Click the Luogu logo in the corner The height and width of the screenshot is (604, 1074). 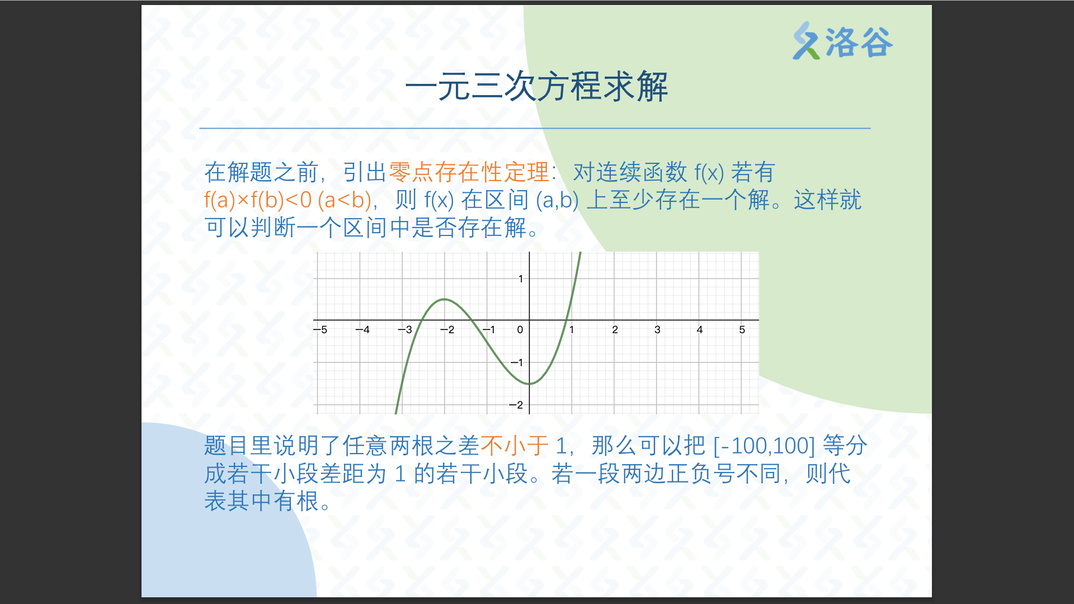pyautogui.click(x=842, y=41)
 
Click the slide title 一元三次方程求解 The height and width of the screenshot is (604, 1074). pyautogui.click(x=536, y=87)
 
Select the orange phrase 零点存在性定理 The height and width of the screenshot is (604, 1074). pyautogui.click(x=469, y=172)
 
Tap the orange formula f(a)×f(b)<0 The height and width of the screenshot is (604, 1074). pyautogui.click(x=258, y=200)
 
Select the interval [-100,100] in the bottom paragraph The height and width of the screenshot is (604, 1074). pyautogui.click(x=764, y=446)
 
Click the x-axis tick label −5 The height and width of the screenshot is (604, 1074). pyautogui.click(x=321, y=329)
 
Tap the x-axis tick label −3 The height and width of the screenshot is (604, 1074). pyautogui.click(x=405, y=329)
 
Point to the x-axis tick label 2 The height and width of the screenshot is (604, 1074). pyautogui.click(x=615, y=329)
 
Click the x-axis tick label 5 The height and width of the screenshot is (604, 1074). pyautogui.click(x=742, y=329)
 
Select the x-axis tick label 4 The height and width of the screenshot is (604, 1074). pyautogui.click(x=700, y=329)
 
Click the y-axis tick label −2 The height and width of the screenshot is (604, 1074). pyautogui.click(x=516, y=405)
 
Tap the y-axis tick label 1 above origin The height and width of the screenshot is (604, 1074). pyautogui.click(x=521, y=279)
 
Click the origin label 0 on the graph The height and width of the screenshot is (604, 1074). pyautogui.click(x=520, y=329)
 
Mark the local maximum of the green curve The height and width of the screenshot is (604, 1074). pyautogui.click(x=444, y=299)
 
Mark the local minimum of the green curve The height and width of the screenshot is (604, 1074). pyautogui.click(x=529, y=384)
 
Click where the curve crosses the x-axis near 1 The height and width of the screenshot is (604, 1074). pyautogui.click(x=567, y=320)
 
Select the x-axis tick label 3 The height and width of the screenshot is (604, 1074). pyautogui.click(x=657, y=329)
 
